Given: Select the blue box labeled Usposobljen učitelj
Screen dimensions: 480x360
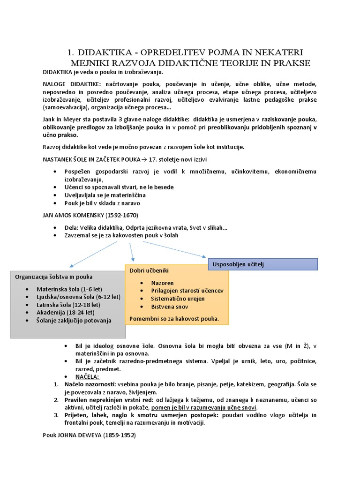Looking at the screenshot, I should point(263,264).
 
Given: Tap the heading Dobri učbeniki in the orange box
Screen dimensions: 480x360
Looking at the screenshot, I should point(149,271).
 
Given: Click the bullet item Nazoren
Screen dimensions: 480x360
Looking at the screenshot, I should point(162,283).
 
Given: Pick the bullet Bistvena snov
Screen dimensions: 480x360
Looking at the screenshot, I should point(170,307).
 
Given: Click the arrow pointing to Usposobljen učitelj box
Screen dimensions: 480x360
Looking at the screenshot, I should point(169,249).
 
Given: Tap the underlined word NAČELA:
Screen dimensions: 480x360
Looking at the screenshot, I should point(88,377).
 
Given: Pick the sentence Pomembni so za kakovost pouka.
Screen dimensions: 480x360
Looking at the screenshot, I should point(174,319).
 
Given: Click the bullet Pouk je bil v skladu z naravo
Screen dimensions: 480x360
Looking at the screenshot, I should point(102,203).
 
